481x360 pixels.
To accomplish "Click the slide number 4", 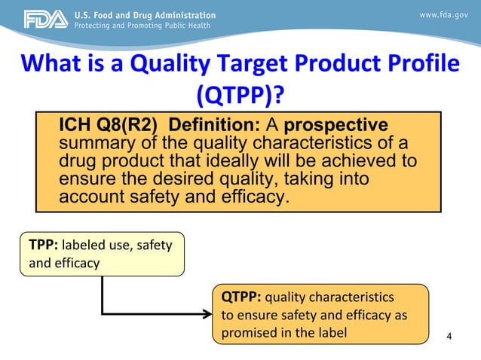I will [x=450, y=335].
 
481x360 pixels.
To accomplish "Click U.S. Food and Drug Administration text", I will [x=144, y=15].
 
